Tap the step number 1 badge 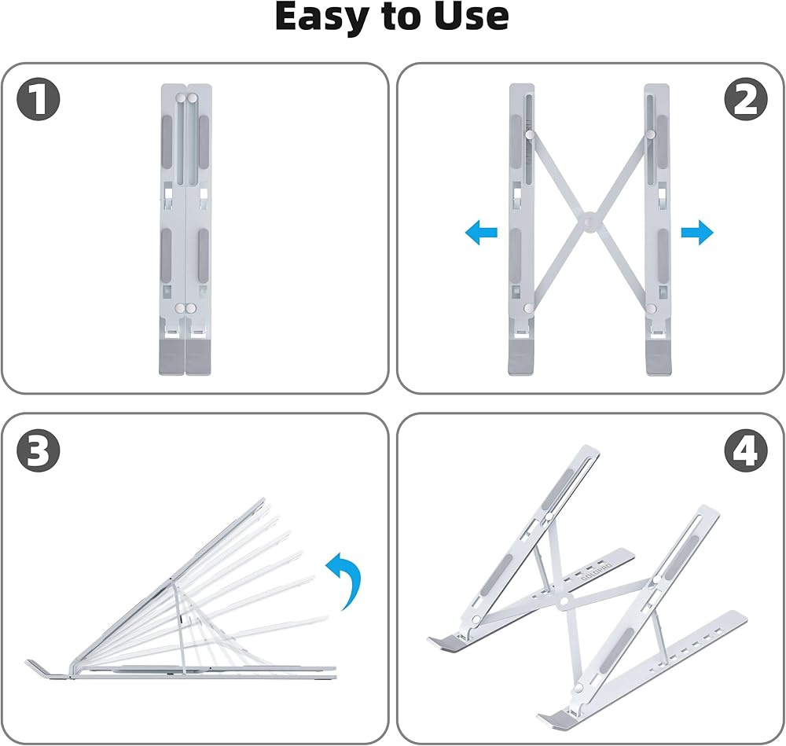point(38,99)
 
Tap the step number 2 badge point(746,99)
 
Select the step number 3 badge point(38,450)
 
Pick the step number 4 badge point(746,450)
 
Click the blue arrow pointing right point(696,232)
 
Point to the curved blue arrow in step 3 point(347,579)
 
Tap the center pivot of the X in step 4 point(564,600)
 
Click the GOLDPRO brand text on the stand point(596,571)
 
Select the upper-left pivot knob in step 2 point(530,134)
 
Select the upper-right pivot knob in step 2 point(650,134)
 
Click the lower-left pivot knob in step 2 point(528,308)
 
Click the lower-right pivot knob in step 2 point(651,308)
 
